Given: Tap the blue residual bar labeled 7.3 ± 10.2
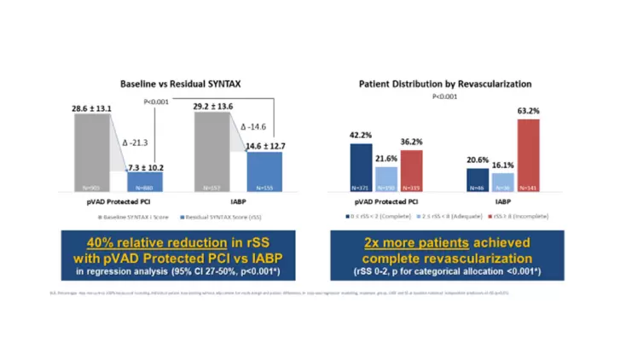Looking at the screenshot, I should click(140, 180).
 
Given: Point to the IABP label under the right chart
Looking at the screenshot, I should click(503, 203).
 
